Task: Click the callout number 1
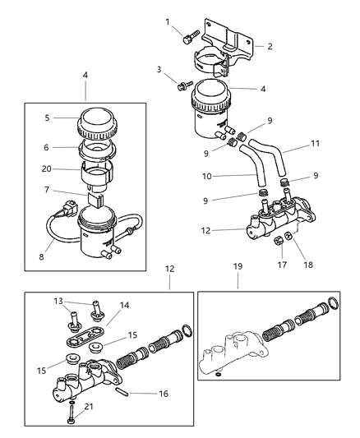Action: point(167,21)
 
